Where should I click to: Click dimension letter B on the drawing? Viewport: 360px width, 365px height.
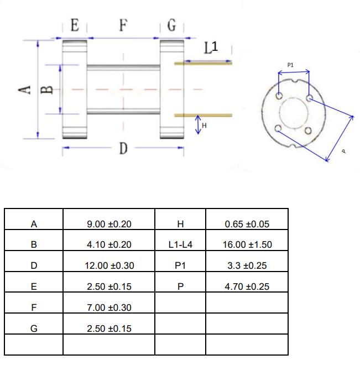tap(48, 90)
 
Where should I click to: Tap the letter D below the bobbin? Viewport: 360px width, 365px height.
tap(123, 148)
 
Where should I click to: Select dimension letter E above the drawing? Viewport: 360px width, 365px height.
tap(75, 25)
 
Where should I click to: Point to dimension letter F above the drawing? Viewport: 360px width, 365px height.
tap(123, 25)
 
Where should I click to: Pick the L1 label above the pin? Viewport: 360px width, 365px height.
tap(211, 48)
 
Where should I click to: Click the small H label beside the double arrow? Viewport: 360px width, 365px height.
tap(204, 126)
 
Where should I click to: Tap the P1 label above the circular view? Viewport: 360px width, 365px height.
tap(291, 65)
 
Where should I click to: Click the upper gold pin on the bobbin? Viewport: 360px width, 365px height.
tap(203, 64)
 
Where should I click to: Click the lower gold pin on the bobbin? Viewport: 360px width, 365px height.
tap(203, 115)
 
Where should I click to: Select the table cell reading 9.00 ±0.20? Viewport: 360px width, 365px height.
tap(109, 224)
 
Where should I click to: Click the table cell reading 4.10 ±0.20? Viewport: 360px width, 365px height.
tap(109, 244)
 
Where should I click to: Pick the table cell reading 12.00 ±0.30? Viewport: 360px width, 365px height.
tap(109, 265)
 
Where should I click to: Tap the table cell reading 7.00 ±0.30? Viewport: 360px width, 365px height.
tap(109, 307)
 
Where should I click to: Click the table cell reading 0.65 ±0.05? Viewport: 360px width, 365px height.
tap(247, 224)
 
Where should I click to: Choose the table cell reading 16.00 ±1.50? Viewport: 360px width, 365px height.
tap(247, 244)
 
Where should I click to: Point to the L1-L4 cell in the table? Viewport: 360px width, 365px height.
tap(180, 244)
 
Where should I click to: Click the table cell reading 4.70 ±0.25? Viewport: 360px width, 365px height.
tap(247, 286)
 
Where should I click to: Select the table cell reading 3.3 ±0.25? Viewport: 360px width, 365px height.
tap(247, 265)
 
